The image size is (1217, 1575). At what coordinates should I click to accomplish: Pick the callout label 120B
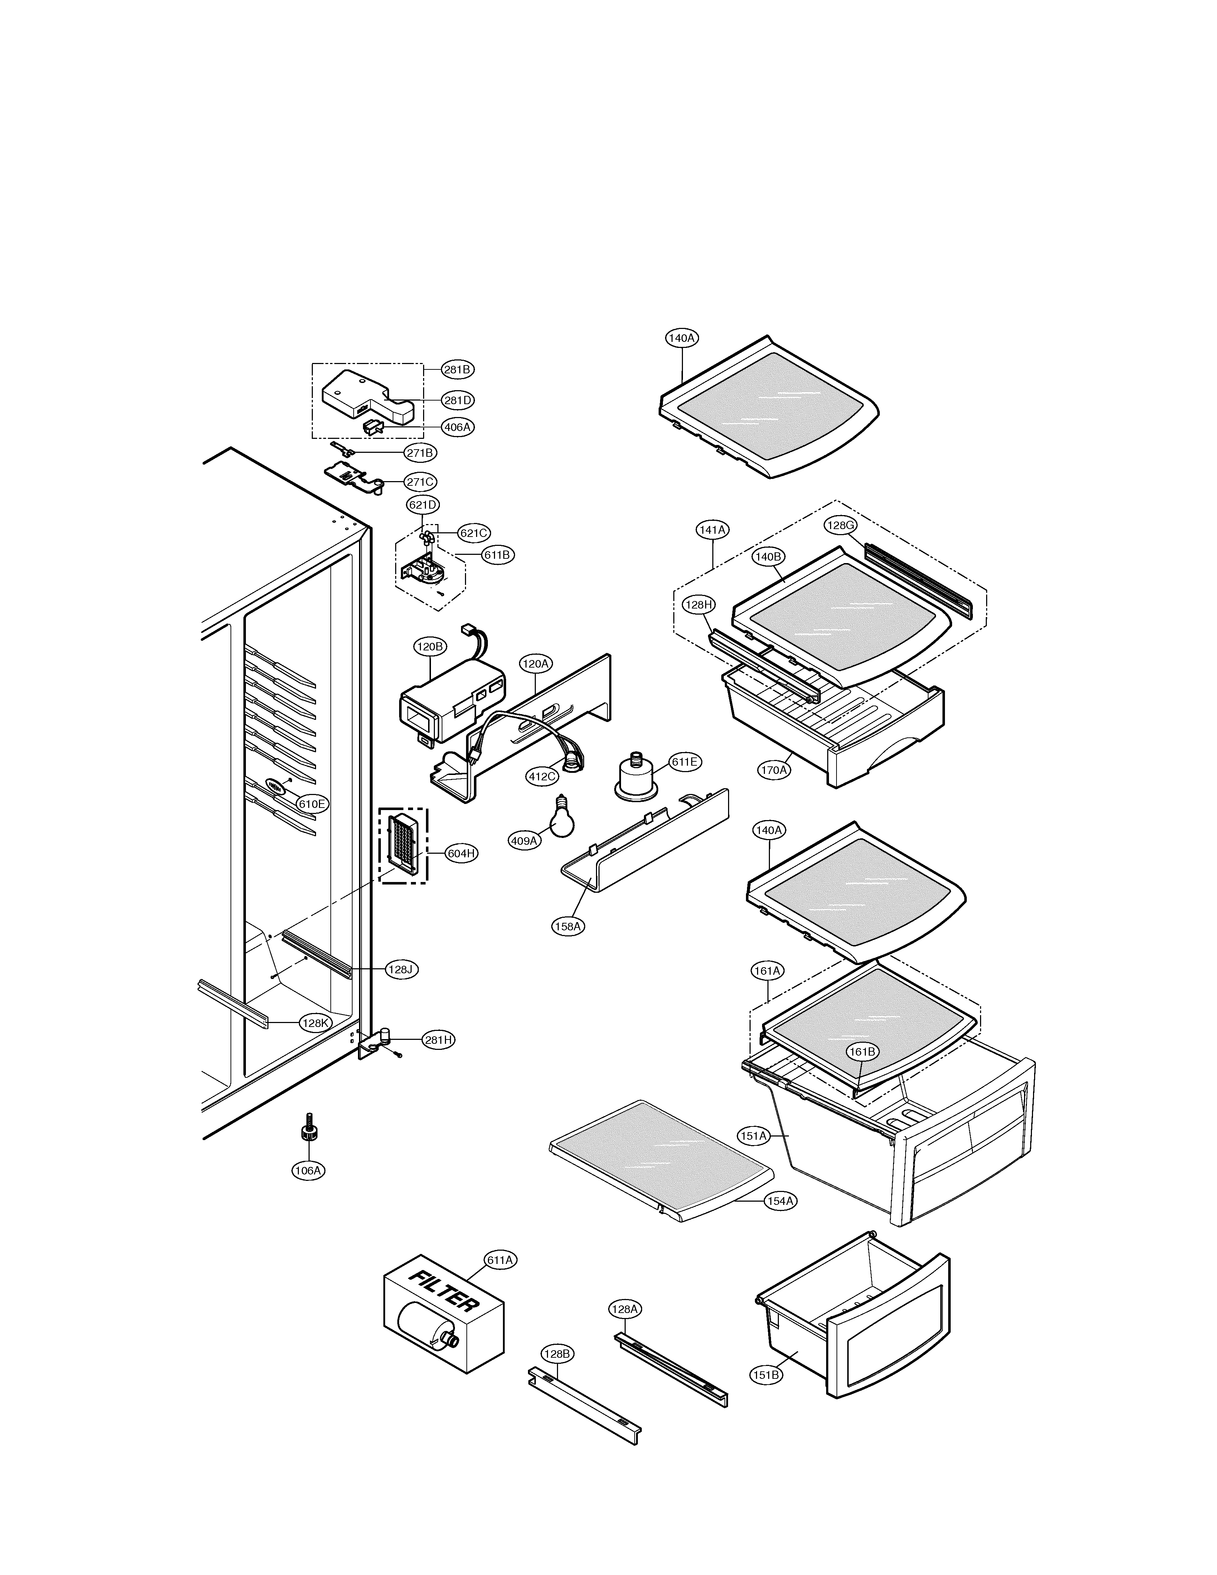pos(430,647)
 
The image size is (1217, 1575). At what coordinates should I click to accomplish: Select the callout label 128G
pos(840,526)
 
